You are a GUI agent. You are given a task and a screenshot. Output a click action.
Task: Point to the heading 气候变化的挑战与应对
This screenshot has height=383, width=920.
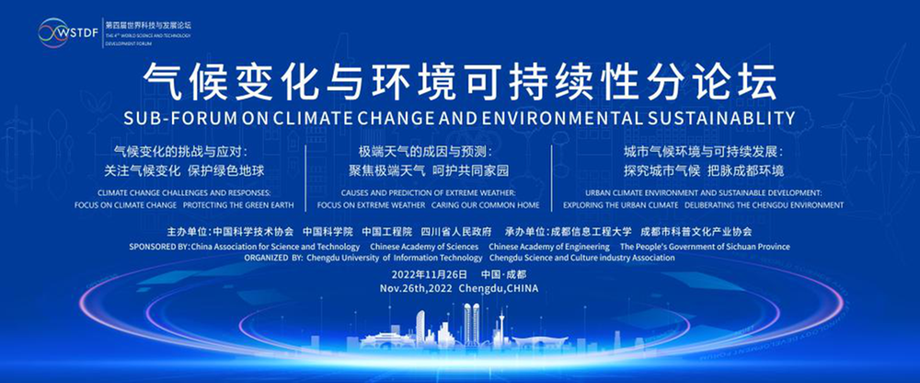[180, 152]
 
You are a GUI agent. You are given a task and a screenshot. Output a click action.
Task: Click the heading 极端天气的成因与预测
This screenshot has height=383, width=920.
[426, 152]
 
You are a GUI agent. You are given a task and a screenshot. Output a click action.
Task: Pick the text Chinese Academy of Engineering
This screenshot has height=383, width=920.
[548, 248]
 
